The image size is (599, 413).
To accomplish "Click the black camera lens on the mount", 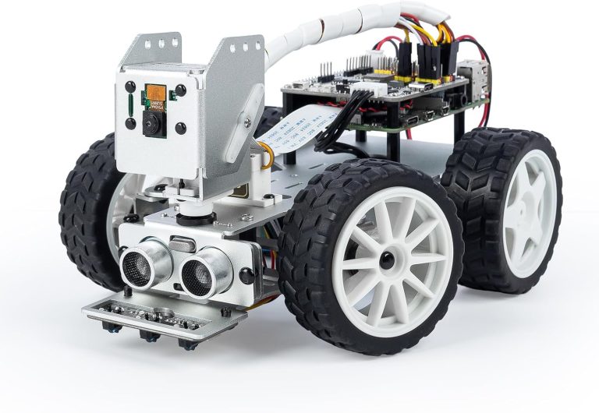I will (149, 122).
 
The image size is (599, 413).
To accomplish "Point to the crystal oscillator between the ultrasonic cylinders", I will (179, 244).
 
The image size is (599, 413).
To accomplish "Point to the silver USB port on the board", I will (473, 73).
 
